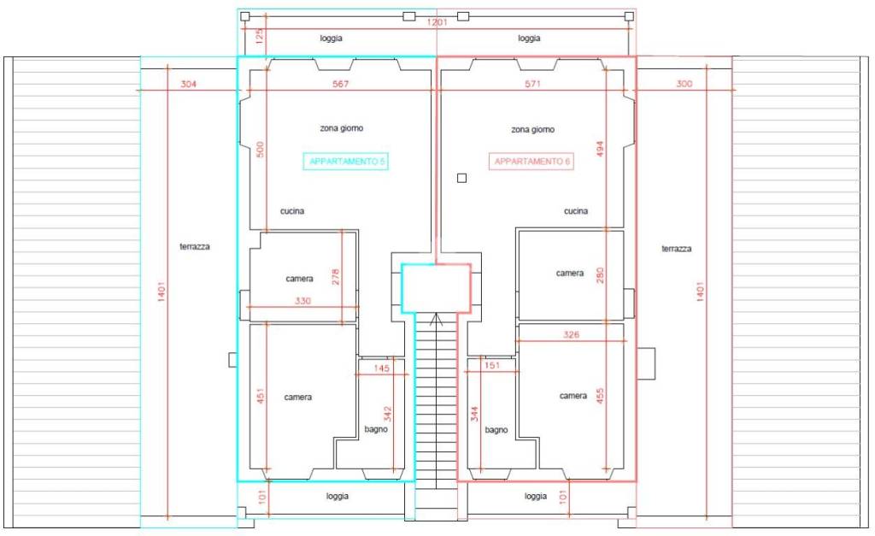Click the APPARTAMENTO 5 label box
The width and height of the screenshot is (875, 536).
point(346,162)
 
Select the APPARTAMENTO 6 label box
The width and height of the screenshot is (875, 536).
point(531,162)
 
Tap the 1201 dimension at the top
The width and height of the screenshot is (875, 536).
point(437,22)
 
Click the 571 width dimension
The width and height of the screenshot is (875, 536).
point(532,84)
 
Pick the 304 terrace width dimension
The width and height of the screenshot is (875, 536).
point(190,84)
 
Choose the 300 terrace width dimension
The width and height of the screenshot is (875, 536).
point(684,84)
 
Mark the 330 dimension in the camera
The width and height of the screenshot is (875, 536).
point(303,300)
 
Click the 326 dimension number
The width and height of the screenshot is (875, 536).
point(572,335)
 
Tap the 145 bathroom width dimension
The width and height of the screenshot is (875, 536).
point(382,368)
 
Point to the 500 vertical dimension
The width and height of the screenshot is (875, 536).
point(261,149)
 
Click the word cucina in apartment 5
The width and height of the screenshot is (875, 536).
point(293,211)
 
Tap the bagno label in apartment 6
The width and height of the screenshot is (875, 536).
point(496,430)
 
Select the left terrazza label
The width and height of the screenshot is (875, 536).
point(195,247)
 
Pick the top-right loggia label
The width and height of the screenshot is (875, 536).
point(529,38)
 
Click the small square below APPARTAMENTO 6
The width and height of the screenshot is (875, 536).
point(461,178)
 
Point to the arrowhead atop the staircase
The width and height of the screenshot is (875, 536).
point(437,321)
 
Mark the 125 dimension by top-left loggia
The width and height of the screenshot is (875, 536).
point(259,38)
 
